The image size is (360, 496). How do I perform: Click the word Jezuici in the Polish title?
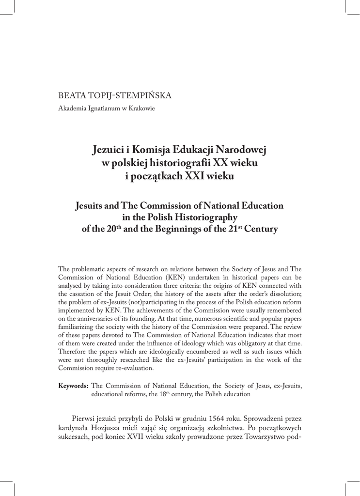coord(109,151)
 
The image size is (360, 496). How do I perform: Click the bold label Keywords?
coord(73,386)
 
